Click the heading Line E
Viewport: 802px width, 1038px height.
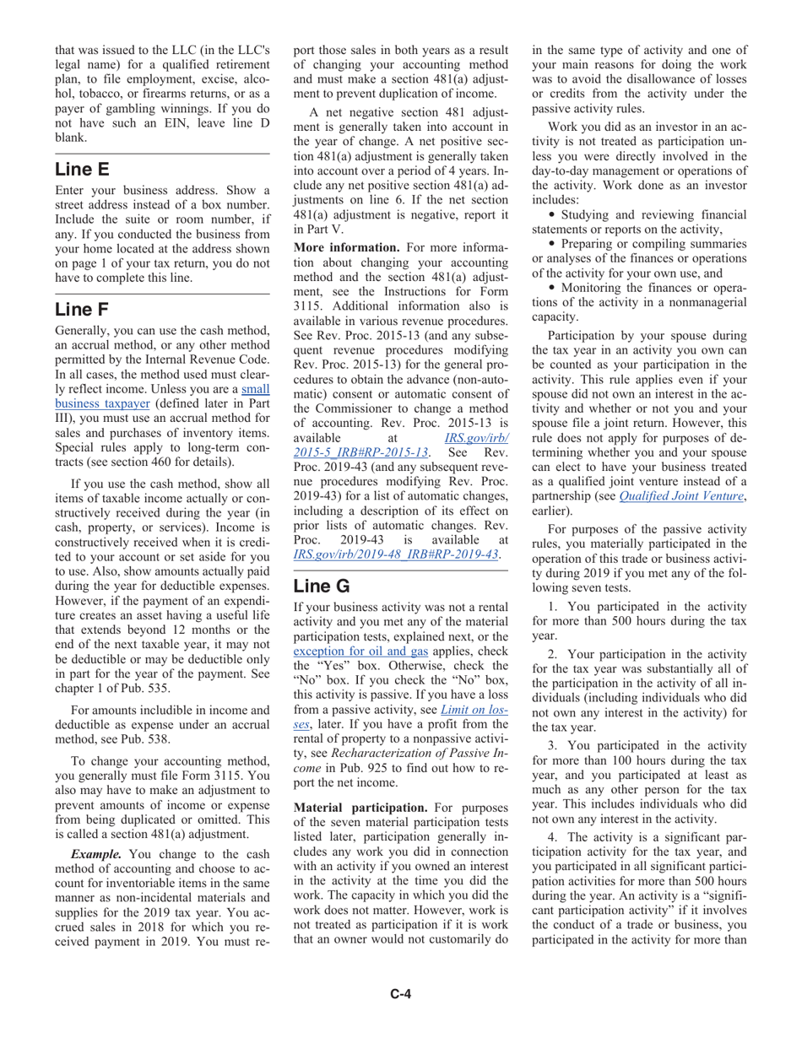tap(82, 169)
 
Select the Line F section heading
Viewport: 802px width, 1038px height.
tap(82, 309)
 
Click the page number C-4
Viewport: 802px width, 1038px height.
tap(400, 993)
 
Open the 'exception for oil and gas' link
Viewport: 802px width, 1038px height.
tap(360, 651)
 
